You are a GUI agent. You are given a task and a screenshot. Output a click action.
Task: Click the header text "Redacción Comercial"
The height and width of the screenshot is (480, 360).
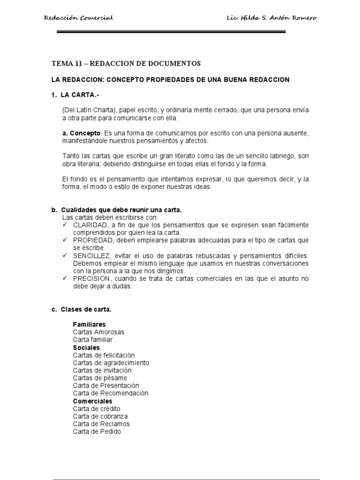78,18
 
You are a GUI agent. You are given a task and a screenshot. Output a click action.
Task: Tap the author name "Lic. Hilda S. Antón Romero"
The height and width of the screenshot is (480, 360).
271,18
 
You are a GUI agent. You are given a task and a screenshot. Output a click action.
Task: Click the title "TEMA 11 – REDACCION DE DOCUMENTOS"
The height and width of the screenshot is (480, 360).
126,63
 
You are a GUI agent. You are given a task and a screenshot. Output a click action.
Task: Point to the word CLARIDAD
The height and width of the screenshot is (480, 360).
89,225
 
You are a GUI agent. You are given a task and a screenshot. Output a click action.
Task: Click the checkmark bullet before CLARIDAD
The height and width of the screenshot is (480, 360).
65,225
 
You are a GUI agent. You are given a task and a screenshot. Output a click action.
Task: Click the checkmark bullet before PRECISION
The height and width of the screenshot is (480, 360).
65,278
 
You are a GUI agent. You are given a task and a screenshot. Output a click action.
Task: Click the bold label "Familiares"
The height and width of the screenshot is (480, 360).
89,324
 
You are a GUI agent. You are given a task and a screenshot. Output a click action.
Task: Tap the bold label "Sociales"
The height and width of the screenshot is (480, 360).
86,347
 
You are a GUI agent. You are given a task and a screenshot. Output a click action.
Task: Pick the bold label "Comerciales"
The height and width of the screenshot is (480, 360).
93,401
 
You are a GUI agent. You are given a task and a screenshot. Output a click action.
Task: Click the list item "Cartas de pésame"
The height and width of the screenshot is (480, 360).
100,378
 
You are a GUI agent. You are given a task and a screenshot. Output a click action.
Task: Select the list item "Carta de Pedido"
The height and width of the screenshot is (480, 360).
97,431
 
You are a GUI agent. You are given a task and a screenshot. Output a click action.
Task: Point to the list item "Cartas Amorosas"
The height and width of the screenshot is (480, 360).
98,332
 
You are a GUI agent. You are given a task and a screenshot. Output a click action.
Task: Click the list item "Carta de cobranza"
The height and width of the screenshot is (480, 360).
100,416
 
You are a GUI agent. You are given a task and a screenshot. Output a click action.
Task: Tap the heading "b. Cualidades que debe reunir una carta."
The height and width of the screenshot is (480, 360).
116,210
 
